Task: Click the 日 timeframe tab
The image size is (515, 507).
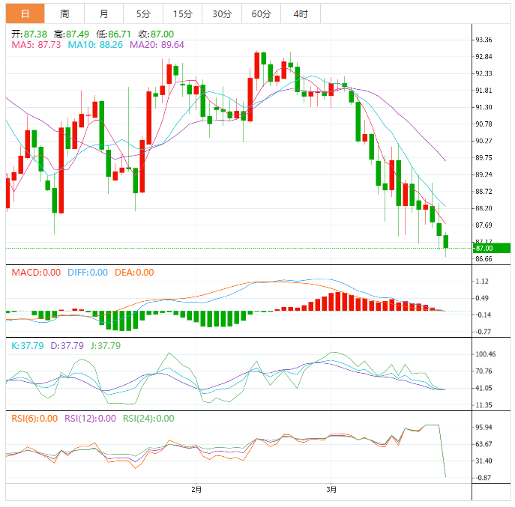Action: [25, 13]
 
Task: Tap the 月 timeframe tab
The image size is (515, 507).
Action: [103, 13]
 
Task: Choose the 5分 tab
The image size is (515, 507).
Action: [143, 13]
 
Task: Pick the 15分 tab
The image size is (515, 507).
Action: [182, 13]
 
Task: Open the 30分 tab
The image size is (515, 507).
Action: [222, 13]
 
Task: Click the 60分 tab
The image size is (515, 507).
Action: [261, 13]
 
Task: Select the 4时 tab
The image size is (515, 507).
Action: [301, 13]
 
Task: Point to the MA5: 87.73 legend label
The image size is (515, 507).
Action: [37, 45]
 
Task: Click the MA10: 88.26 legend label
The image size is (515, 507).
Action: [96, 45]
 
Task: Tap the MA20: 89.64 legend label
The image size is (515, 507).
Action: [157, 45]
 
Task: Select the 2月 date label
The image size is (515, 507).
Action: [196, 490]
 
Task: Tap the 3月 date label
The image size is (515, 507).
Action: [332, 490]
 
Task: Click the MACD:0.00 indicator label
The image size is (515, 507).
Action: [35, 273]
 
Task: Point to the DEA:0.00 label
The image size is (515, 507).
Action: [134, 273]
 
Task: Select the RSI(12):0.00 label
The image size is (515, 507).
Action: [90, 419]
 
